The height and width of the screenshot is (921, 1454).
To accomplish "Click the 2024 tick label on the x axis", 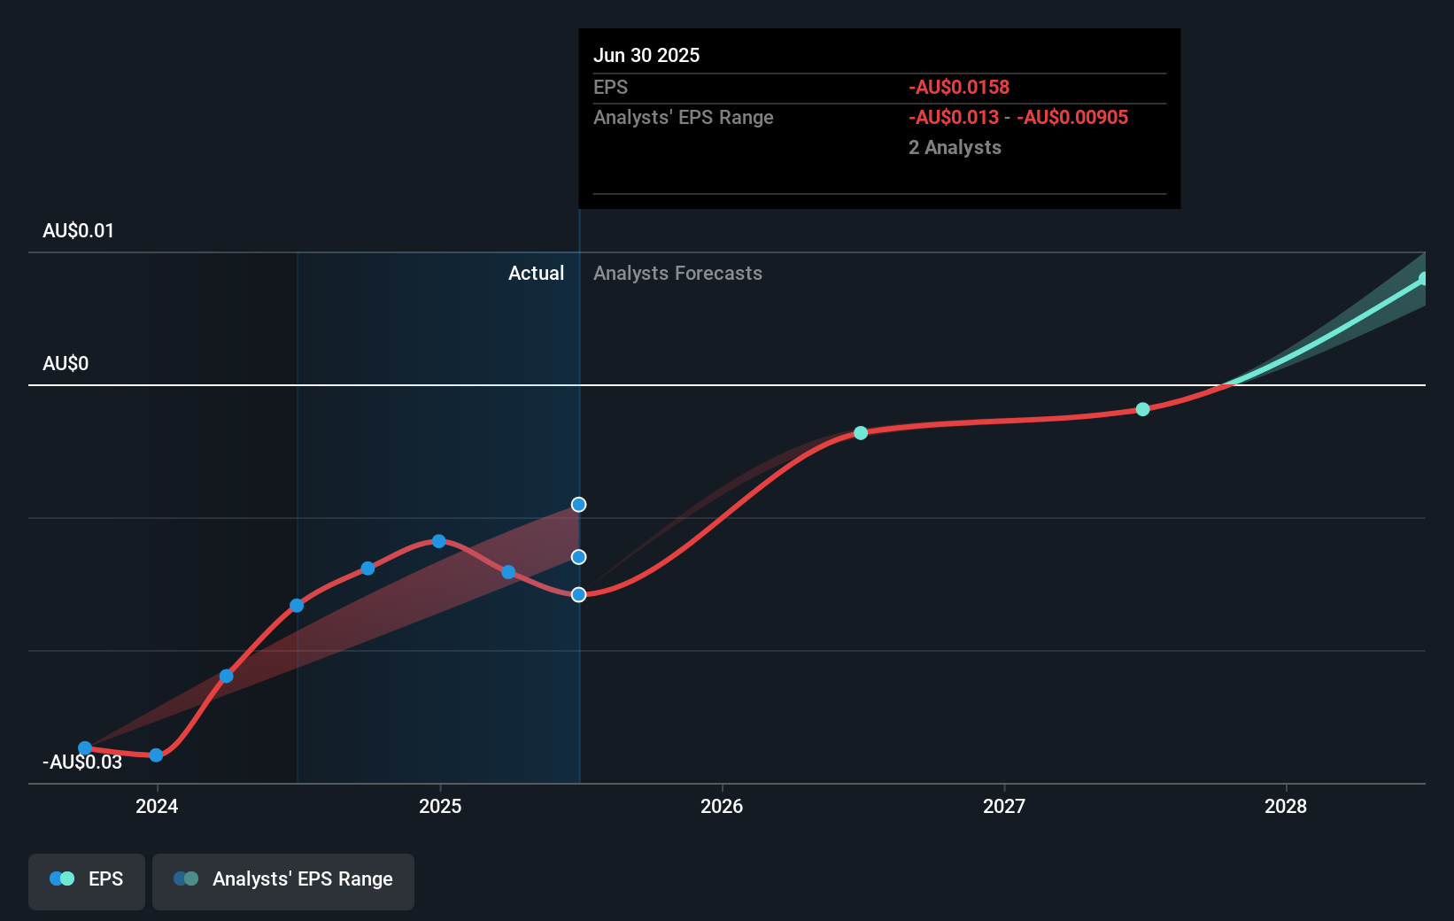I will (x=157, y=806).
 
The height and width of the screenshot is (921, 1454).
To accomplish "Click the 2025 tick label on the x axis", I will (x=440, y=806).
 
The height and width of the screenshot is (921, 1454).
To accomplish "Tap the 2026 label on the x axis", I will (x=722, y=806).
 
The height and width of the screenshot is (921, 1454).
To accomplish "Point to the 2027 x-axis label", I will (x=1004, y=806).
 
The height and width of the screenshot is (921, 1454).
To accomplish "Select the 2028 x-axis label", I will (x=1286, y=806).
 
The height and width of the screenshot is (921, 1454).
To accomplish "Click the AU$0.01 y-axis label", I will (x=78, y=231).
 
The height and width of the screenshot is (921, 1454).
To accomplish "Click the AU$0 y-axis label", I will (x=66, y=364).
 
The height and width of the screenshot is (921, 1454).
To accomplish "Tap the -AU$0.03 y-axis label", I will (x=82, y=762).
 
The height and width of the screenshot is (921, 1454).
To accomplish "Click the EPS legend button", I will (x=87, y=879).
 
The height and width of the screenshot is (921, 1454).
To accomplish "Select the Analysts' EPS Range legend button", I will (x=283, y=879).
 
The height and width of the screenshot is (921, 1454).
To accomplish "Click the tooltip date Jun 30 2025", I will (x=646, y=56).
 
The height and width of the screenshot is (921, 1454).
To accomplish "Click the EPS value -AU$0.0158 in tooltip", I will (x=959, y=88).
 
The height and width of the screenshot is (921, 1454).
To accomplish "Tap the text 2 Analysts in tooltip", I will (x=955, y=148).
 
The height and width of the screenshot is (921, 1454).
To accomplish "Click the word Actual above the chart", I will (x=536, y=274).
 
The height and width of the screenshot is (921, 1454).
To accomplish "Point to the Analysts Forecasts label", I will (x=677, y=274).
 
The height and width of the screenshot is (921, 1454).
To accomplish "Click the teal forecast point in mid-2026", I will (x=861, y=433).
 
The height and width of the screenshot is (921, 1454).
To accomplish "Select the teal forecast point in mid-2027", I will (x=1142, y=409).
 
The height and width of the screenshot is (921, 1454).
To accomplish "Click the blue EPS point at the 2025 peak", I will (x=439, y=541).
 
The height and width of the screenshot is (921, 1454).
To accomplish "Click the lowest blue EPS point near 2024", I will (x=156, y=755).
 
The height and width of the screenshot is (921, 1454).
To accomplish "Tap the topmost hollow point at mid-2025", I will (x=578, y=505).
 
